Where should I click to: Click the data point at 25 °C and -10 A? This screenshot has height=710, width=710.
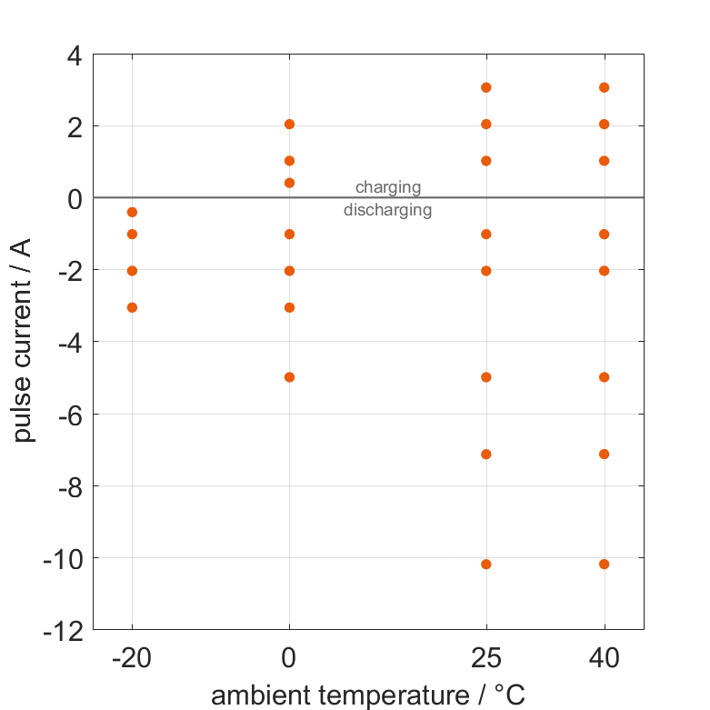pyautogui.click(x=485, y=564)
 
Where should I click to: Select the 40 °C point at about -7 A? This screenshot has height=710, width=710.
pyautogui.click(x=604, y=454)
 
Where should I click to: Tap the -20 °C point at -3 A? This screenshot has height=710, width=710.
pyautogui.click(x=132, y=307)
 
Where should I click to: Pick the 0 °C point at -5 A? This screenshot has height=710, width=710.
pyautogui.click(x=289, y=376)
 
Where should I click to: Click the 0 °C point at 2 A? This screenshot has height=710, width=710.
pyautogui.click(x=289, y=124)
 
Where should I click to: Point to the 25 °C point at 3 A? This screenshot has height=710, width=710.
pyautogui.click(x=485, y=87)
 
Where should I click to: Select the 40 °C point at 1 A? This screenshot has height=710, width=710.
pyautogui.click(x=604, y=161)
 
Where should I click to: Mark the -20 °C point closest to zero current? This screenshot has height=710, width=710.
pyautogui.click(x=132, y=212)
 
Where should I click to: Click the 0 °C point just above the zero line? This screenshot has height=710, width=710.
pyautogui.click(x=289, y=183)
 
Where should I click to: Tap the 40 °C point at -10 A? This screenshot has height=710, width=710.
pyautogui.click(x=604, y=564)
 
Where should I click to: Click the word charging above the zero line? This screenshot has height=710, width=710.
pyautogui.click(x=388, y=187)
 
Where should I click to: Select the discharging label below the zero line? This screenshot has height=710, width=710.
pyautogui.click(x=388, y=210)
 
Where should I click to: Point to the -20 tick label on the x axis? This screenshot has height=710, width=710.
pyautogui.click(x=132, y=658)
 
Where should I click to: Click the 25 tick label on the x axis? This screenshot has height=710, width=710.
pyautogui.click(x=485, y=658)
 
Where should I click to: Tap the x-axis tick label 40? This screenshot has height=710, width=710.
pyautogui.click(x=604, y=658)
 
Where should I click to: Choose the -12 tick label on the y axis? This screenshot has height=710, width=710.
pyautogui.click(x=63, y=629)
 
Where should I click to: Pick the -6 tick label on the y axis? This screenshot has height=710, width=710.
pyautogui.click(x=68, y=414)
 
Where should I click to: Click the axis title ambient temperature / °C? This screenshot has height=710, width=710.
pyautogui.click(x=368, y=695)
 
